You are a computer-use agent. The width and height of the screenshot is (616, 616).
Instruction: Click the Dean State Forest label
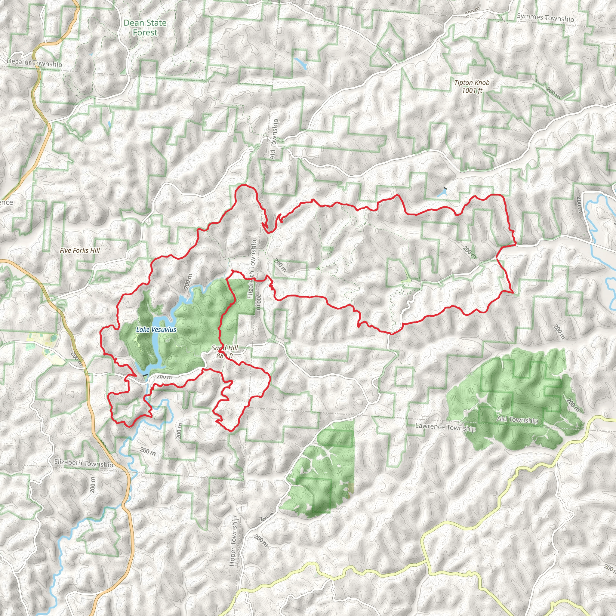(145, 28)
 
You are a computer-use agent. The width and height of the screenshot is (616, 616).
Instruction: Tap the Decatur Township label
(34, 63)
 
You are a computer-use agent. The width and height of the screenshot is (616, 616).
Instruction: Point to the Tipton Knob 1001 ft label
(472, 86)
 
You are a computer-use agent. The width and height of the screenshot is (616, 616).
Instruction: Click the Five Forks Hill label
(80, 251)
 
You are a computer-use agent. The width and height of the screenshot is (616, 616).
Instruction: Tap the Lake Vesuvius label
(156, 329)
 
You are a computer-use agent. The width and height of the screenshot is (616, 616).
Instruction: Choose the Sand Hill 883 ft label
(225, 352)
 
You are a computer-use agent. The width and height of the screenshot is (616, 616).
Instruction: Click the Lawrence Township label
(445, 427)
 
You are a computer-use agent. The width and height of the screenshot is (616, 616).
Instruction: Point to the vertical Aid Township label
(274, 139)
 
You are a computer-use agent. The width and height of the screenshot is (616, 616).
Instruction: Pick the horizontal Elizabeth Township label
(84, 463)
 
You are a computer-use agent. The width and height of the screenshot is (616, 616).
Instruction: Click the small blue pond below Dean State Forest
(301, 63)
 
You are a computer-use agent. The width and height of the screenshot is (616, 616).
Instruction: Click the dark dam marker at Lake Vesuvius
(145, 375)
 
